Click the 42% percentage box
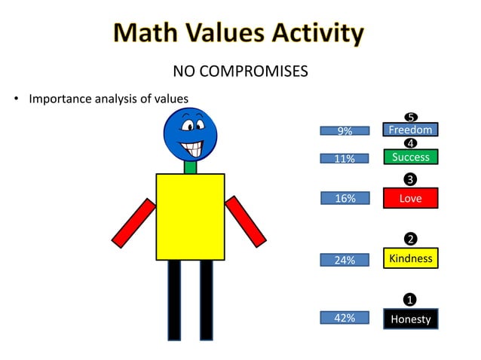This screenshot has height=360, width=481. pyautogui.click(x=345, y=318)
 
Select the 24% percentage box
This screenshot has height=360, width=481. pyautogui.click(x=345, y=260)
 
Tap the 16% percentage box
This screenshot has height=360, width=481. pyautogui.click(x=345, y=199)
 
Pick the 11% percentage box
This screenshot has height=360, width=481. pyautogui.click(x=345, y=159)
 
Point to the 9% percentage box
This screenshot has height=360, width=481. pyautogui.click(x=345, y=131)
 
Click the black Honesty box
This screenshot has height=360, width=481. pyautogui.click(x=410, y=319)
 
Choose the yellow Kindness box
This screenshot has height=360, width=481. pyautogui.click(x=410, y=258)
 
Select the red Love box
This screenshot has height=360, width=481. pyautogui.click(x=410, y=198)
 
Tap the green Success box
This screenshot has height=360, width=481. pyautogui.click(x=410, y=157)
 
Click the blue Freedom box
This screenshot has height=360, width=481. pyautogui.click(x=410, y=130)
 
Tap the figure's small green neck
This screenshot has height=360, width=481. pyautogui.click(x=191, y=167)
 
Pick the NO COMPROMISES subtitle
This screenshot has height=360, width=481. pyautogui.click(x=240, y=72)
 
